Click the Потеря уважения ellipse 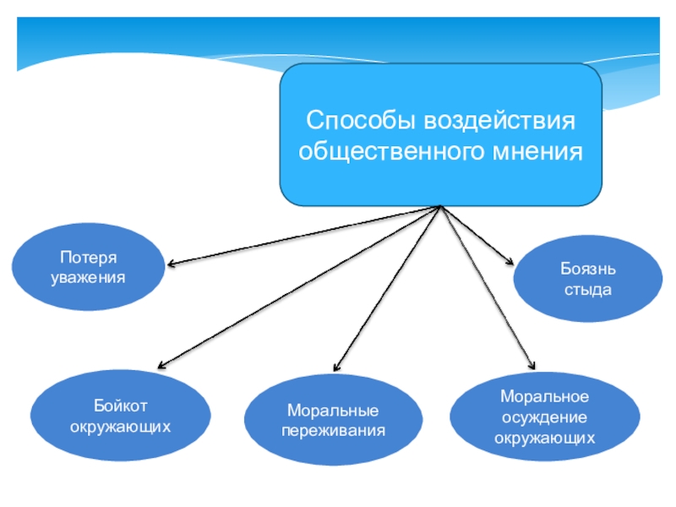coord(87,266)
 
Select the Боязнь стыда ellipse coord(588,280)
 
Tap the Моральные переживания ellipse coord(333,420)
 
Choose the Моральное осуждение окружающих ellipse coord(544,417)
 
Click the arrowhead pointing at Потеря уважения coord(170,264)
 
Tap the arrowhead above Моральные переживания coord(335,368)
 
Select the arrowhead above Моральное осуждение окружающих coord(532,365)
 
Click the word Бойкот coord(121,406)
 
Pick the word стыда coord(588,290)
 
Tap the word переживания coord(333,430)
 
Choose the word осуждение coord(544,417)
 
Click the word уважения coord(87,276)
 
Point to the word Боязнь coord(588,270)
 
